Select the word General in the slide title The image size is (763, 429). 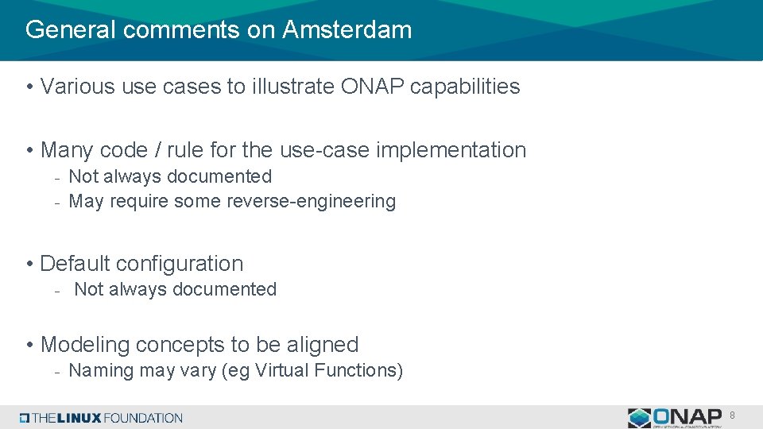[70, 30]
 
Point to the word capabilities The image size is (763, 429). [465, 87]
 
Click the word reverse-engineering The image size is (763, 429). [311, 202]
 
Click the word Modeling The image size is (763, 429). [85, 345]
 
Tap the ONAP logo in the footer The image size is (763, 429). [674, 417]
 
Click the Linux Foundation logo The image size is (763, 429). [102, 418]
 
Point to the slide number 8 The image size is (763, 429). [732, 415]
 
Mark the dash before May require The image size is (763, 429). [57, 203]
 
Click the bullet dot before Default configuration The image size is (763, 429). [29, 265]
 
